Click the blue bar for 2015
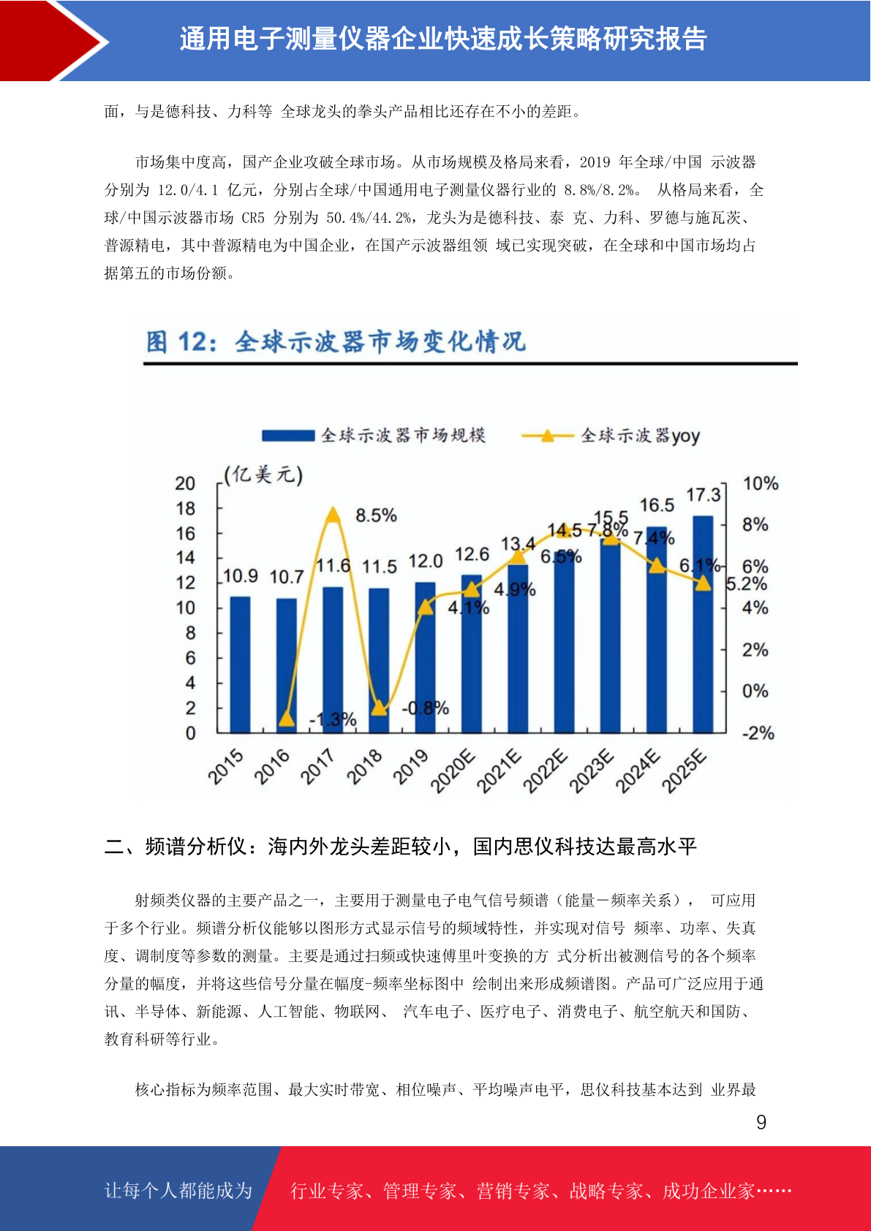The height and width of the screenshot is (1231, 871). coord(240,664)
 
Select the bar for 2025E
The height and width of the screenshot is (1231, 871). coord(703,624)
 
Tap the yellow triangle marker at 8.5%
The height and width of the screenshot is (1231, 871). coord(333,515)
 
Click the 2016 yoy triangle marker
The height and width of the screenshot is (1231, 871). coord(287,719)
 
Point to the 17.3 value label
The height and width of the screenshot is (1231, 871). coord(704,495)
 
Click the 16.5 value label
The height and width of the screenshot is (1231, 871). coord(657,505)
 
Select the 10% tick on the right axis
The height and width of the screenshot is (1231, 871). coord(761,484)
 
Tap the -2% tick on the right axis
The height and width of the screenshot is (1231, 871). coord(758,733)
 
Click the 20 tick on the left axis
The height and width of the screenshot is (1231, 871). coord(185,484)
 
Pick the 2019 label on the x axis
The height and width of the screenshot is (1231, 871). coord(410,767)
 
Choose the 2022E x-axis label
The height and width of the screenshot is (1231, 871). coord(544,770)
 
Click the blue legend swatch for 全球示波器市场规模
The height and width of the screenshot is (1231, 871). coord(288,436)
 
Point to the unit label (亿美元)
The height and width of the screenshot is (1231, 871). coord(263,474)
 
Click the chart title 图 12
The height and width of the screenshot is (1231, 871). coord(181,342)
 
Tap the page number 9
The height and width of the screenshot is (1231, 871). coord(761,1122)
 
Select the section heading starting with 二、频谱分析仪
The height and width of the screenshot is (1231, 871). coord(400,846)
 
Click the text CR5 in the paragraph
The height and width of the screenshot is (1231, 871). coord(253,218)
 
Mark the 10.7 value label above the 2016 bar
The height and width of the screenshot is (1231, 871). coord(287,577)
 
